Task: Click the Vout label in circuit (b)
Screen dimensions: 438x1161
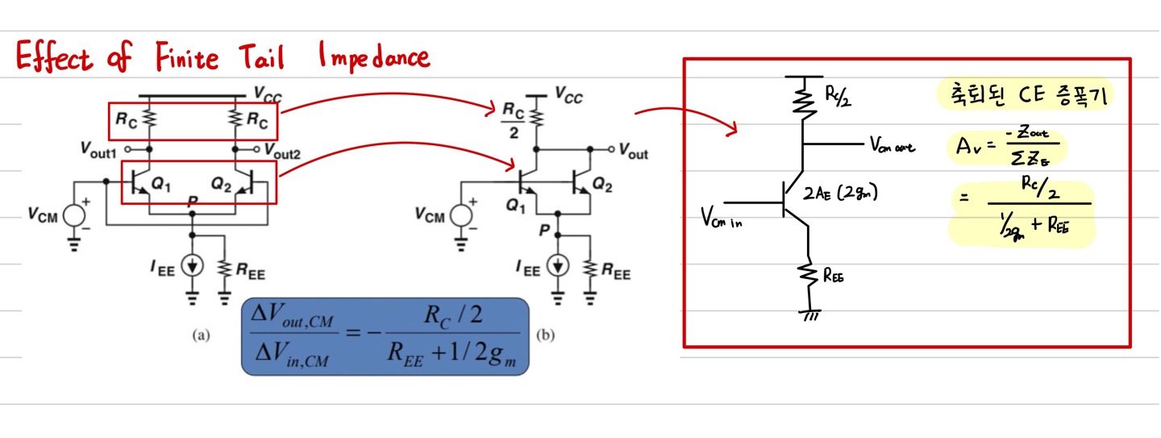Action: pyautogui.click(x=633, y=153)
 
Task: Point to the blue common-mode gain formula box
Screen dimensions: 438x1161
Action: pyautogui.click(x=385, y=336)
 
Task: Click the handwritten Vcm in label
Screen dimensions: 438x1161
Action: pyautogui.click(x=720, y=216)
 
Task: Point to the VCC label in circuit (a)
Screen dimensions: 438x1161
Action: pyautogui.click(x=268, y=94)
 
